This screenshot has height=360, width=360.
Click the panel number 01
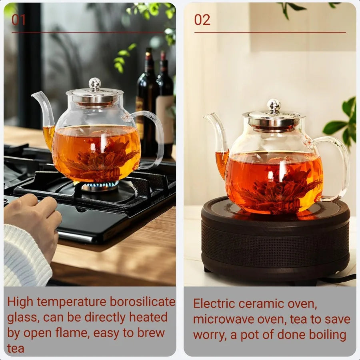point(19,20)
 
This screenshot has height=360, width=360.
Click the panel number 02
point(202,20)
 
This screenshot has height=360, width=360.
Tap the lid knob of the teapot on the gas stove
point(95,84)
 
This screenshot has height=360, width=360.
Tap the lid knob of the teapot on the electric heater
point(274,105)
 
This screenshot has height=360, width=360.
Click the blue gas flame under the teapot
point(100,184)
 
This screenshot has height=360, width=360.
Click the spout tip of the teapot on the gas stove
point(34,95)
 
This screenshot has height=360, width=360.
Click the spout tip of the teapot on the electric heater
point(205,116)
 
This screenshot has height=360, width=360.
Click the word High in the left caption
point(20,302)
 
